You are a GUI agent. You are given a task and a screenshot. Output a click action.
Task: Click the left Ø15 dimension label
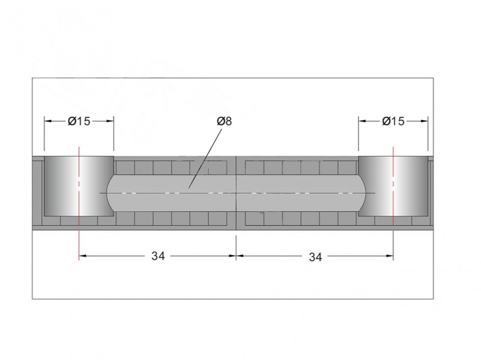pyautogui.click(x=79, y=122)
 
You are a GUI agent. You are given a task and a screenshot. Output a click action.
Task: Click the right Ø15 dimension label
pyautogui.click(x=393, y=122)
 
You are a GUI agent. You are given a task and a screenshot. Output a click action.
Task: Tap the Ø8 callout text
pyautogui.click(x=224, y=122)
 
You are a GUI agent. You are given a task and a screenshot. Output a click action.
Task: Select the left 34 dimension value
pyautogui.click(x=158, y=256)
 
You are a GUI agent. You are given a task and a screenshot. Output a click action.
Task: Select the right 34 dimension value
pyautogui.click(x=316, y=257)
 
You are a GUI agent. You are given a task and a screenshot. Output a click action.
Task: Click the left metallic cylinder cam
pyautogui.click(x=79, y=186)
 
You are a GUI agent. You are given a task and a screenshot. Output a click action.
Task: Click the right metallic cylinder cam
pyautogui.click(x=393, y=186)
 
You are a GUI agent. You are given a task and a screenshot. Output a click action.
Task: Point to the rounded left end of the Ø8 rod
pyautogui.click(x=110, y=193)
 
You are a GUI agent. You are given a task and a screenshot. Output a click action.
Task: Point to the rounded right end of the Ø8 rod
pyautogui.click(x=362, y=193)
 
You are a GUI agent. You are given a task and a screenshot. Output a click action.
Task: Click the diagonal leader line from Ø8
pyautogui.click(x=205, y=158)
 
